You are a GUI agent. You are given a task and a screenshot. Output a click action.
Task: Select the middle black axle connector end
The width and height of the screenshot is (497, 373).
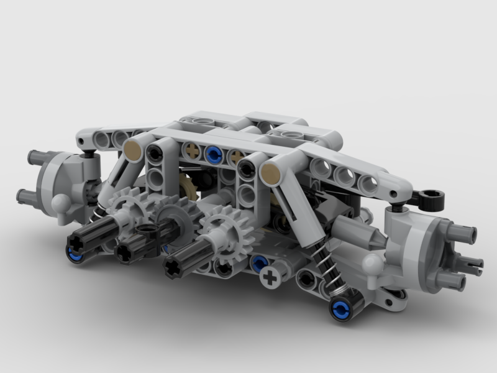click(x=125, y=251)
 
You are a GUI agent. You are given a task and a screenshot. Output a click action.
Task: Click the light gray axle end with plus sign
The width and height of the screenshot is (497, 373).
click(x=270, y=278)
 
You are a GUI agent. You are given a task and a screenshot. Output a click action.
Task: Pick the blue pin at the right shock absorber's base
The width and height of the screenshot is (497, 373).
click(x=340, y=306)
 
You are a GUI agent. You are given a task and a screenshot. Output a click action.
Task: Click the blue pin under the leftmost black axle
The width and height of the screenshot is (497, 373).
click(x=75, y=254)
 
